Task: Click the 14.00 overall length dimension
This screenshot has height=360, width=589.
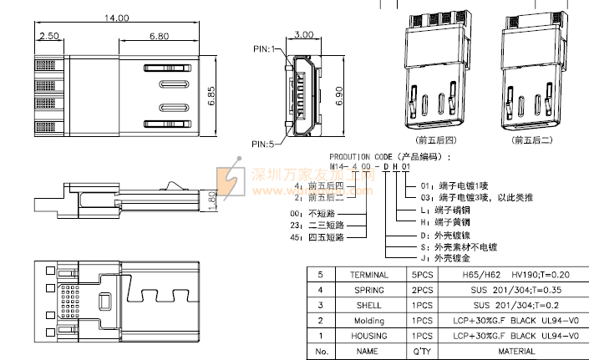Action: coord(116,18)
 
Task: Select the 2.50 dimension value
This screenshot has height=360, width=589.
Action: coord(48,36)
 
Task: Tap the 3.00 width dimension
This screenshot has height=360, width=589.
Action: coord(305,36)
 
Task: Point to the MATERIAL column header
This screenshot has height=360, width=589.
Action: coord(515,351)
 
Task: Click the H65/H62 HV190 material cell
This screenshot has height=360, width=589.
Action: coord(515,275)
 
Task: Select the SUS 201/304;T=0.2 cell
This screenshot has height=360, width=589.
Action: coord(515,305)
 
